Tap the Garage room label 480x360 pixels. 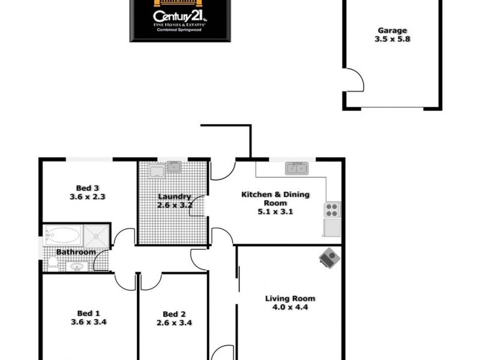point(392,30)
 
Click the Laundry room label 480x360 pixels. point(174,196)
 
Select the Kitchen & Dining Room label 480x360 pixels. point(268,199)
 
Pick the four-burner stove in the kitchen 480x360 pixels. point(332,210)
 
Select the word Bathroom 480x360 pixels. point(76,252)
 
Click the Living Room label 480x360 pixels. point(290,298)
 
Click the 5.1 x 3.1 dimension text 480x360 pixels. point(268,211)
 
